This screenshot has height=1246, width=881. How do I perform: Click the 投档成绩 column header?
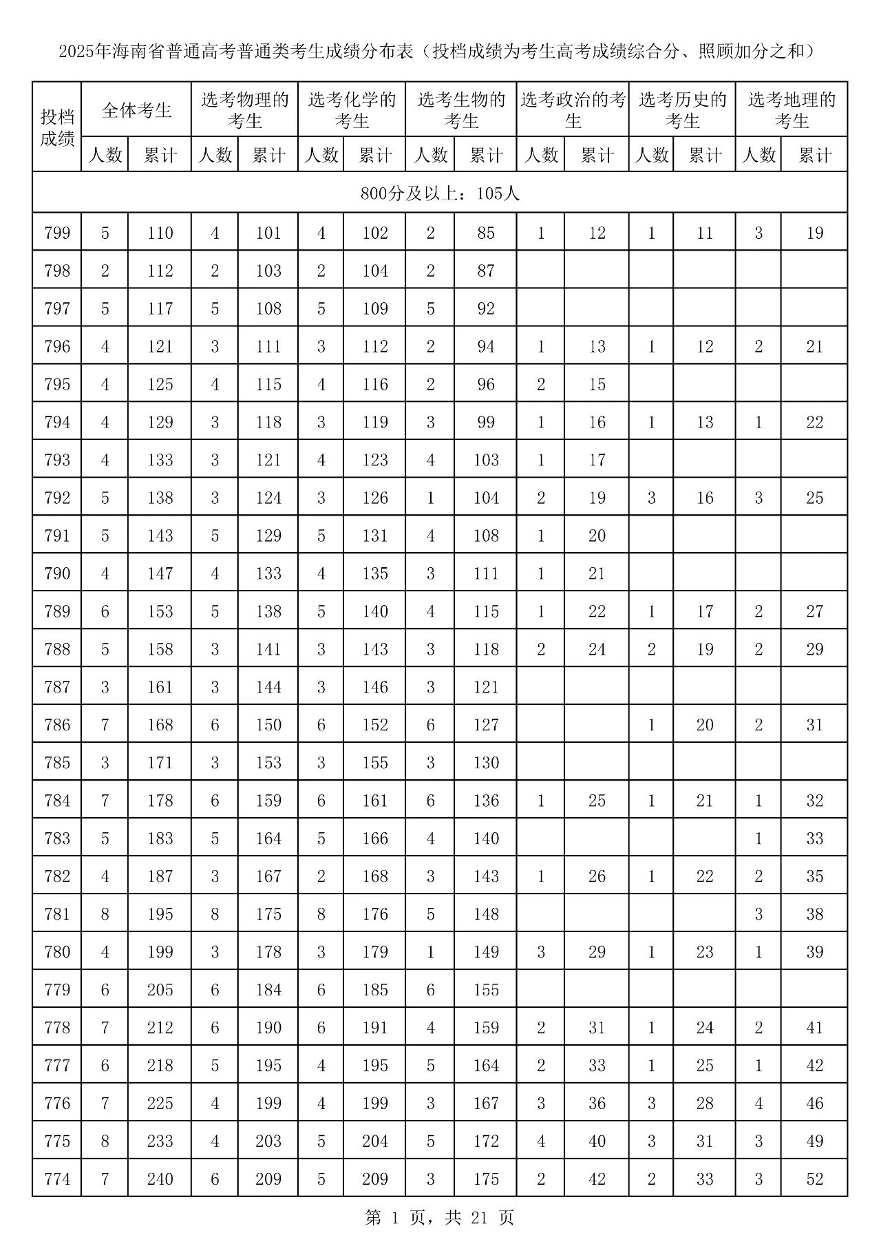[x=57, y=127]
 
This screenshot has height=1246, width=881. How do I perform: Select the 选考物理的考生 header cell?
[x=244, y=110]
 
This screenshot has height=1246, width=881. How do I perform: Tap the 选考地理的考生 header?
[x=792, y=110]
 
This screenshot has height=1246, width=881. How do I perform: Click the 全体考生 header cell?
[x=136, y=110]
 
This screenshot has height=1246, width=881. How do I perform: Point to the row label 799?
[x=57, y=233]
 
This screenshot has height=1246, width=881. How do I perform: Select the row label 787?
[x=57, y=687]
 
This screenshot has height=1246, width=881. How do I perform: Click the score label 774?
[x=57, y=1179]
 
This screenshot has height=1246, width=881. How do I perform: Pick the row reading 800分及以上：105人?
[x=440, y=193]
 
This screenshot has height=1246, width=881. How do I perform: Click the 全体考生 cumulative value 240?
[x=160, y=1179]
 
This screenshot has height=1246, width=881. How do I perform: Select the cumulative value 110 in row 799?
[x=160, y=233]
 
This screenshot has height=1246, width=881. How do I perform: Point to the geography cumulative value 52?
[x=814, y=1179]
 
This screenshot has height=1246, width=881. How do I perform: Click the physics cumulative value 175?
[x=268, y=914]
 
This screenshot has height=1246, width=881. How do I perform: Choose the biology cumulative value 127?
[x=486, y=725]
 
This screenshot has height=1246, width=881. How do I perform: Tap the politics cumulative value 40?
[x=597, y=1141]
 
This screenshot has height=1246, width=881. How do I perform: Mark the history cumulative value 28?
[x=705, y=1104]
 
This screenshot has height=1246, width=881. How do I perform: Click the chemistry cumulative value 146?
[x=375, y=687]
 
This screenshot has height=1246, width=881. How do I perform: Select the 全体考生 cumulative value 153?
[x=160, y=611]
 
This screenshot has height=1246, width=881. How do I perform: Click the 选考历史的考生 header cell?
[x=682, y=110]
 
